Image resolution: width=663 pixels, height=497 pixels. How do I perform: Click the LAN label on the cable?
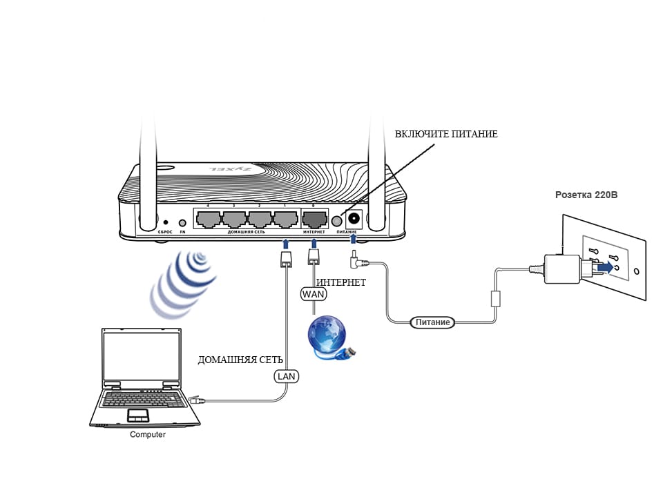point(287,376)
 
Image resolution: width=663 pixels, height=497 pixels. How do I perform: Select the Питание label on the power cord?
point(432,322)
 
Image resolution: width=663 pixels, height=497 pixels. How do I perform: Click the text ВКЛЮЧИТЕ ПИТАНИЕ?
point(446,134)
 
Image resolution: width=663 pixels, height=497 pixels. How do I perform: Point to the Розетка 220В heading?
point(586,195)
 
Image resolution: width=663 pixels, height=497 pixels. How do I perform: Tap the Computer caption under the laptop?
point(148,435)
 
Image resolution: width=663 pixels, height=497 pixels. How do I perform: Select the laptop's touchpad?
point(138,414)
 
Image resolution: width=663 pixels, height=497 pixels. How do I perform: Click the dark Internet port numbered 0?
point(314,220)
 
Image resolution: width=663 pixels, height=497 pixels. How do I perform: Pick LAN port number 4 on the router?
point(208,220)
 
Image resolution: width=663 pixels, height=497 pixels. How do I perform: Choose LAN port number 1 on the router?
point(285,220)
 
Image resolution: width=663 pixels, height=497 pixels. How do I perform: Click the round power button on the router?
point(338,221)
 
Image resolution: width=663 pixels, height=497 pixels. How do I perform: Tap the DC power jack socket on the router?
point(354,219)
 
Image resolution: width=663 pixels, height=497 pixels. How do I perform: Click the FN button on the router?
point(182,223)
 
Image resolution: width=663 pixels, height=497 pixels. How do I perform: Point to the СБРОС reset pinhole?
point(166,222)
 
